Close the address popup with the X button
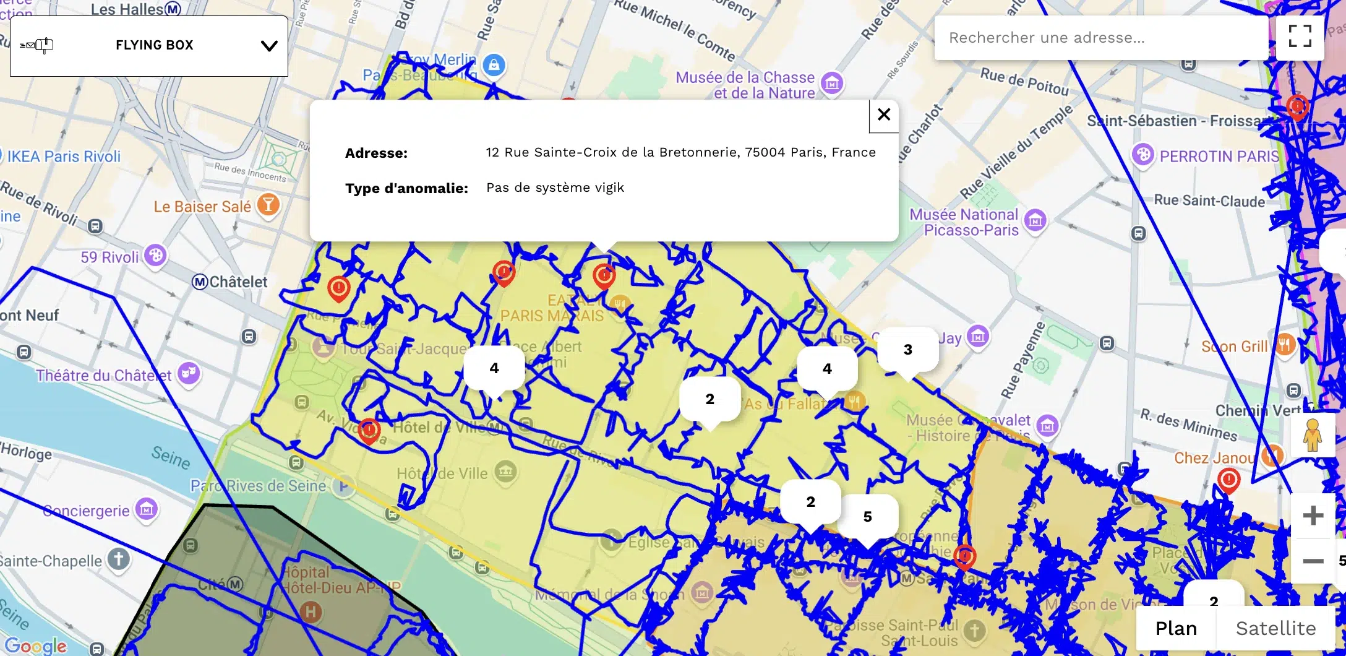[x=884, y=114]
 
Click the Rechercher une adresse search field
[x=1101, y=38]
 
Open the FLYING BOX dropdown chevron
[x=269, y=46]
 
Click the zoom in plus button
[x=1313, y=516]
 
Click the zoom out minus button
[x=1313, y=561]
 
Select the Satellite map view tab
[x=1275, y=628]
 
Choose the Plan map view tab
[x=1176, y=628]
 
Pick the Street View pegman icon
[x=1312, y=435]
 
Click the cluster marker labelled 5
[x=867, y=517]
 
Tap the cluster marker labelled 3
[x=907, y=350]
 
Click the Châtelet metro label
[x=231, y=282]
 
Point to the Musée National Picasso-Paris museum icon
[x=1035, y=220]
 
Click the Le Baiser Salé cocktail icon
[x=268, y=204]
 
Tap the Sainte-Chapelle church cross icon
[x=118, y=559]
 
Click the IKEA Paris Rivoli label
[x=64, y=157]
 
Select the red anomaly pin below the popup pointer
[x=604, y=276]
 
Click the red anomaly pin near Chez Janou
[x=1228, y=480]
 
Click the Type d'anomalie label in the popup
[x=406, y=188]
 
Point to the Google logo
[x=36, y=645]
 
